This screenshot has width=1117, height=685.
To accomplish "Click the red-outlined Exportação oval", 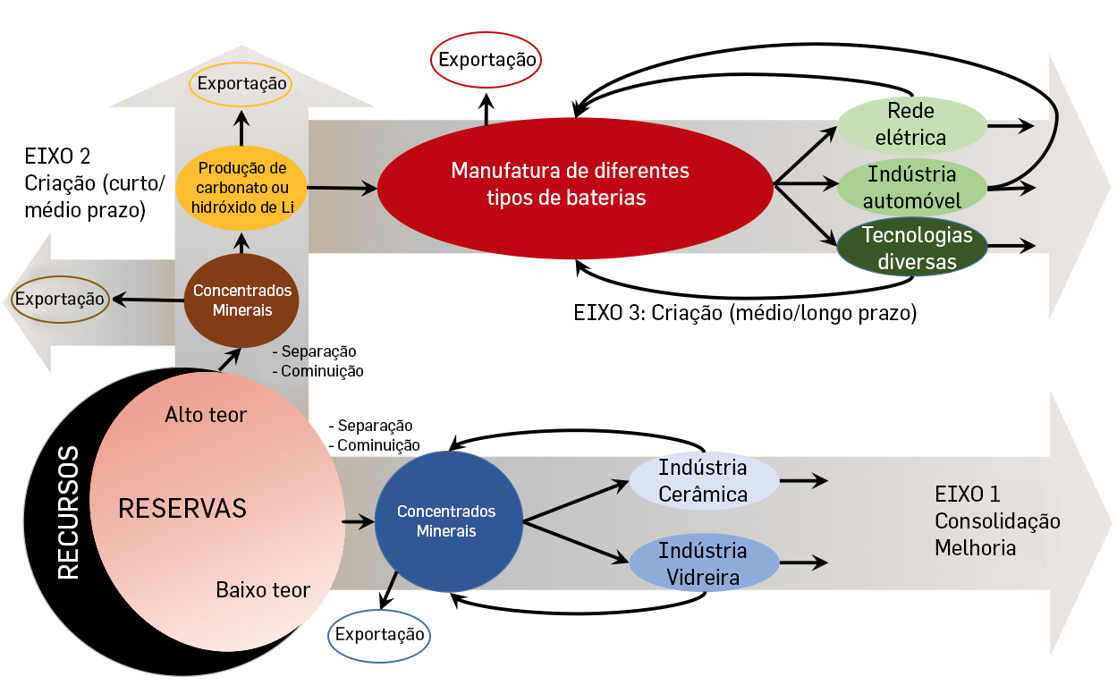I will [487, 61].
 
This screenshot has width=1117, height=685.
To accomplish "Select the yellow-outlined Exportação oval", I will [241, 84].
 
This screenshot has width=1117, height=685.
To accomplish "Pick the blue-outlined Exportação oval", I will [379, 634].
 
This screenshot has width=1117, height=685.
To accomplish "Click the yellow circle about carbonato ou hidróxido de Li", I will [241, 188].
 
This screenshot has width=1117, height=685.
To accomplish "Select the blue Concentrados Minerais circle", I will [446, 520].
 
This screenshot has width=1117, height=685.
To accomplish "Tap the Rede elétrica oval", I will [910, 124].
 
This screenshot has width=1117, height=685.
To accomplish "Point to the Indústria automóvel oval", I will [910, 186].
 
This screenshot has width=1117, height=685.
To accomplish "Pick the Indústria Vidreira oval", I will [702, 563].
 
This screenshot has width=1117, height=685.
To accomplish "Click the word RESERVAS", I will [182, 508].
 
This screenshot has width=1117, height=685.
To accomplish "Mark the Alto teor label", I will [206, 415].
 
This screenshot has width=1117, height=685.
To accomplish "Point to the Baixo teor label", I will [263, 590].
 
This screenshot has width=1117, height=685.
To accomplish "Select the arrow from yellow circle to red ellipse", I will [342, 188].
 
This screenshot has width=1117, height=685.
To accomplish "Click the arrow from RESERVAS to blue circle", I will [357, 520].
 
